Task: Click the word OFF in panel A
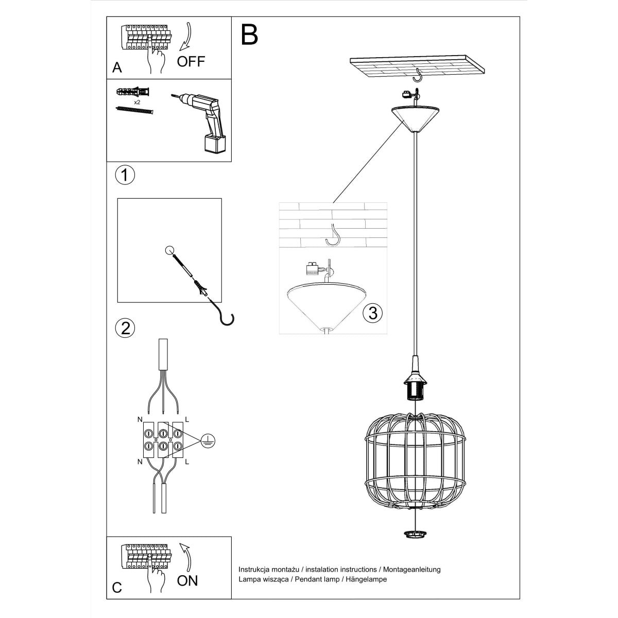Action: (191, 62)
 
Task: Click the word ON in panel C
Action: (187, 581)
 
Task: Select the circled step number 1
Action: (125, 175)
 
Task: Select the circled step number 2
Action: (125, 328)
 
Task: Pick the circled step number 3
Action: (372, 312)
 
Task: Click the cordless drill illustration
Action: (203, 121)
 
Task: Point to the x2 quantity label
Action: (137, 102)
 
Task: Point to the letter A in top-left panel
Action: (117, 67)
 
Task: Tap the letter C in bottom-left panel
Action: (117, 587)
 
